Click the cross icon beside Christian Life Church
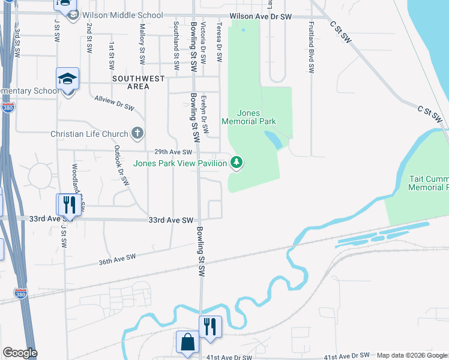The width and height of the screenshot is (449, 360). [137, 133]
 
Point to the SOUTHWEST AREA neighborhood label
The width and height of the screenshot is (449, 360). [130, 82]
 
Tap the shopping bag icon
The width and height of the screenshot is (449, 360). [187, 342]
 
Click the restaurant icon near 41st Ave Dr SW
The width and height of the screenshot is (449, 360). [210, 326]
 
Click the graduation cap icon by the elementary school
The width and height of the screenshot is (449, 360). [68, 79]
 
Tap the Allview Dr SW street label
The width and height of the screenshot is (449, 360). [114, 102]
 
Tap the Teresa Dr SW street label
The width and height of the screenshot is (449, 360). [220, 42]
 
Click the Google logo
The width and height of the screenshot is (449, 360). [20, 353]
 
